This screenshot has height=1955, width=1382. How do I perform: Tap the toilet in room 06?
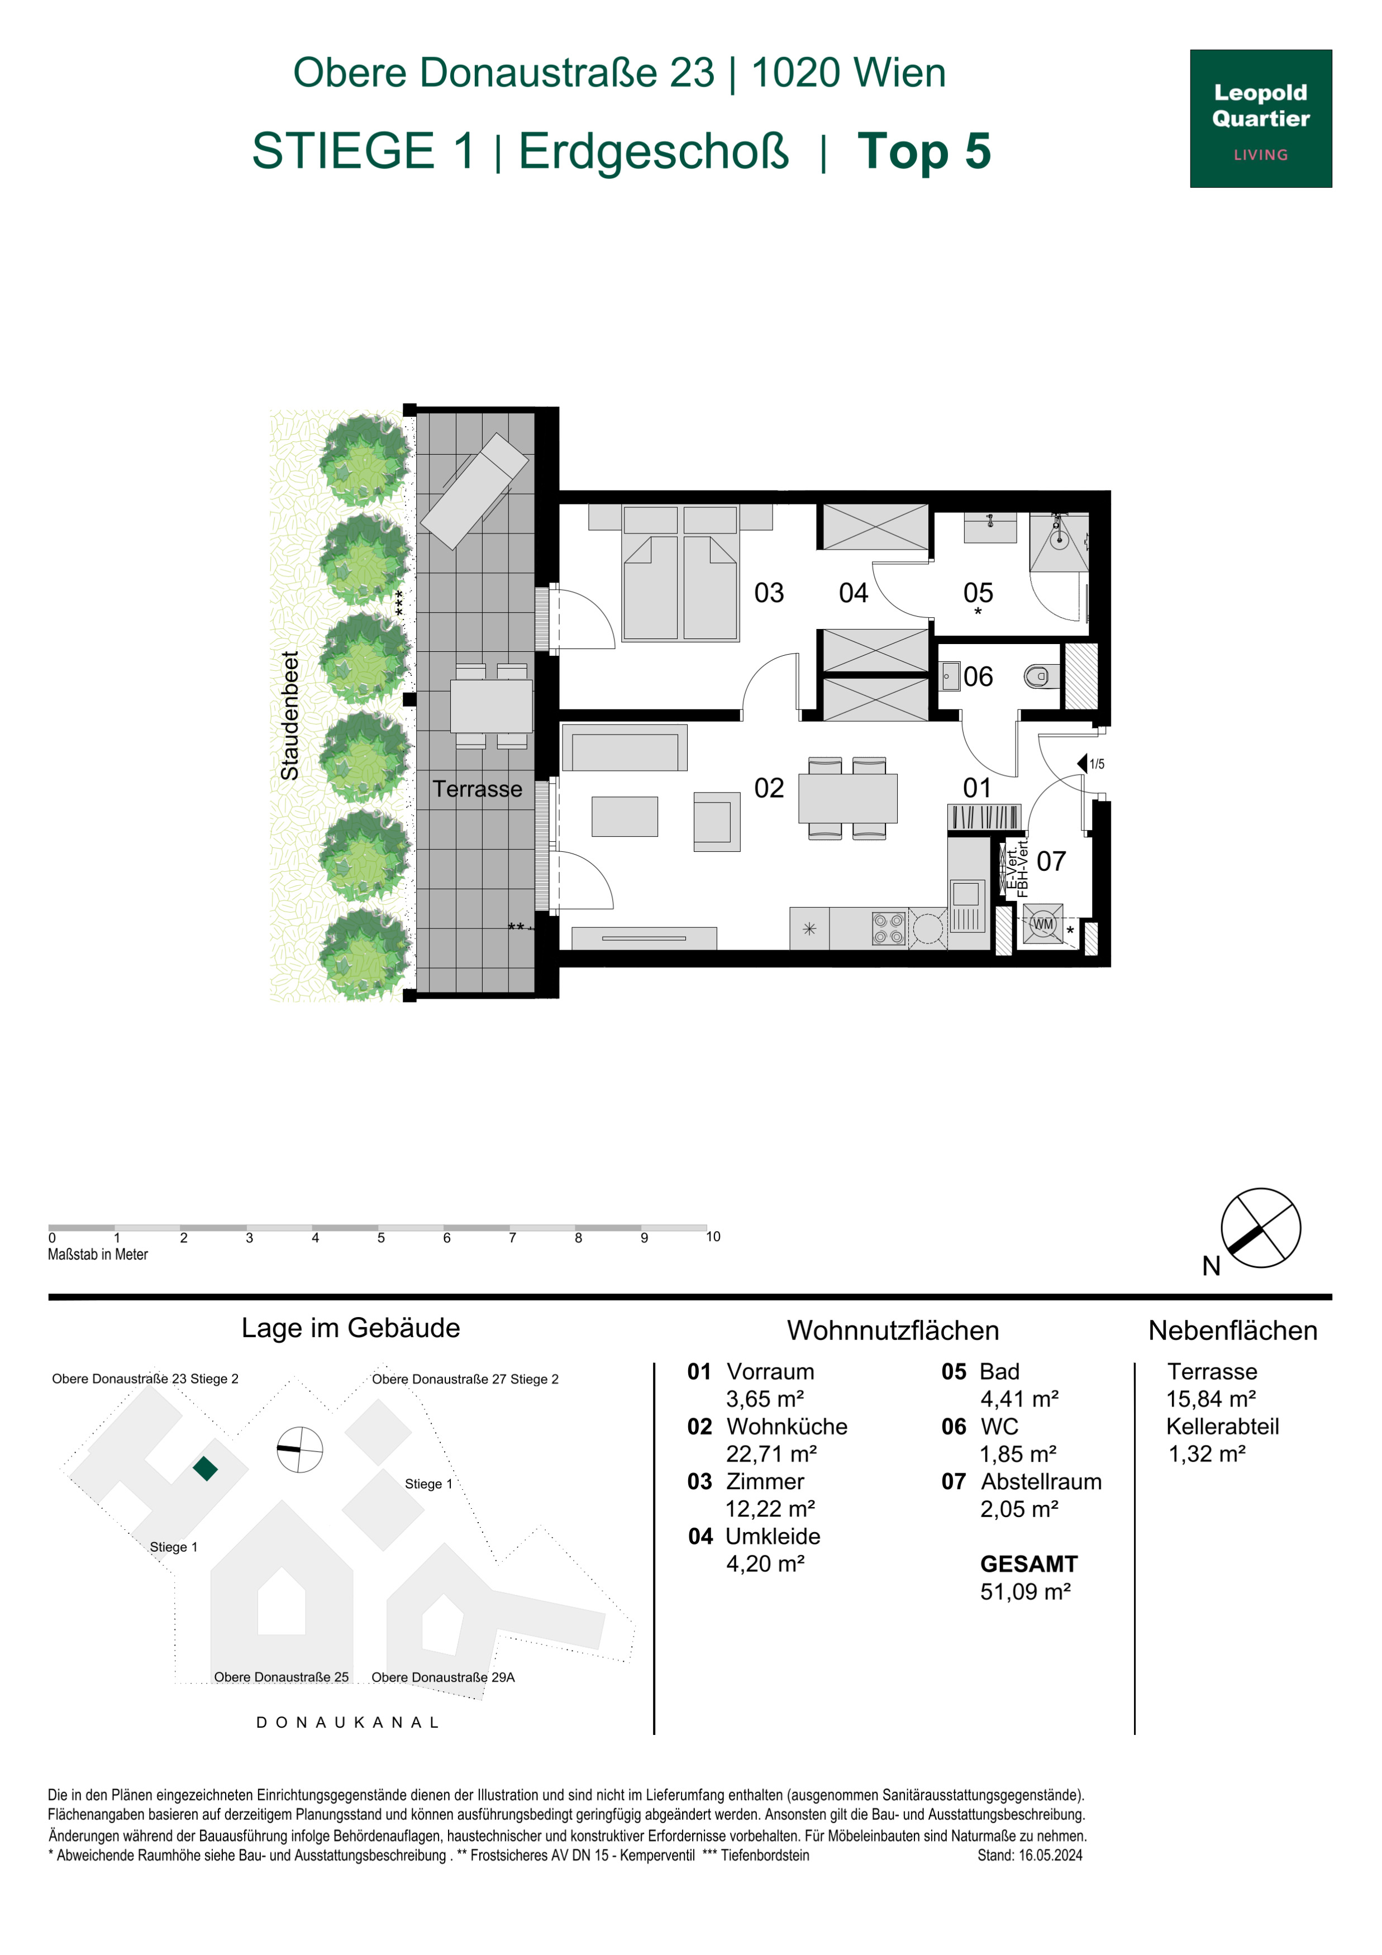tap(1041, 677)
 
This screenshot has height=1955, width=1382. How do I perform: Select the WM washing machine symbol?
tap(1043, 924)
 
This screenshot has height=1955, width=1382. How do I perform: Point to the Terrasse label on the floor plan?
tap(477, 789)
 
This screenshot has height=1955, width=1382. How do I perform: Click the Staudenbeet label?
tap(290, 715)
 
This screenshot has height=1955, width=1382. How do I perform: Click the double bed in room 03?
tap(680, 573)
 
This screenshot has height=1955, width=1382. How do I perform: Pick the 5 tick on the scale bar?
tap(380, 1237)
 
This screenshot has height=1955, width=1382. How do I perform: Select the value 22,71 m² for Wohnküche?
tap(771, 1453)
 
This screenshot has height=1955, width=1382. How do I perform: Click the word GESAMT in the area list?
tap(1028, 1563)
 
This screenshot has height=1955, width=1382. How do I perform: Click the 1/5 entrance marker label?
tap(1097, 764)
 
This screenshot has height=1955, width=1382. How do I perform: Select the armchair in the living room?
tap(717, 822)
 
